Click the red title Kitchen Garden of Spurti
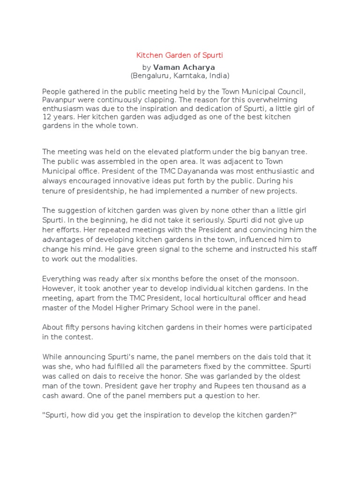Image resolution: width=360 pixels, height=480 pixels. point(180,55)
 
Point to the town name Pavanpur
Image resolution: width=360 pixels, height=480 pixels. point(56,99)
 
